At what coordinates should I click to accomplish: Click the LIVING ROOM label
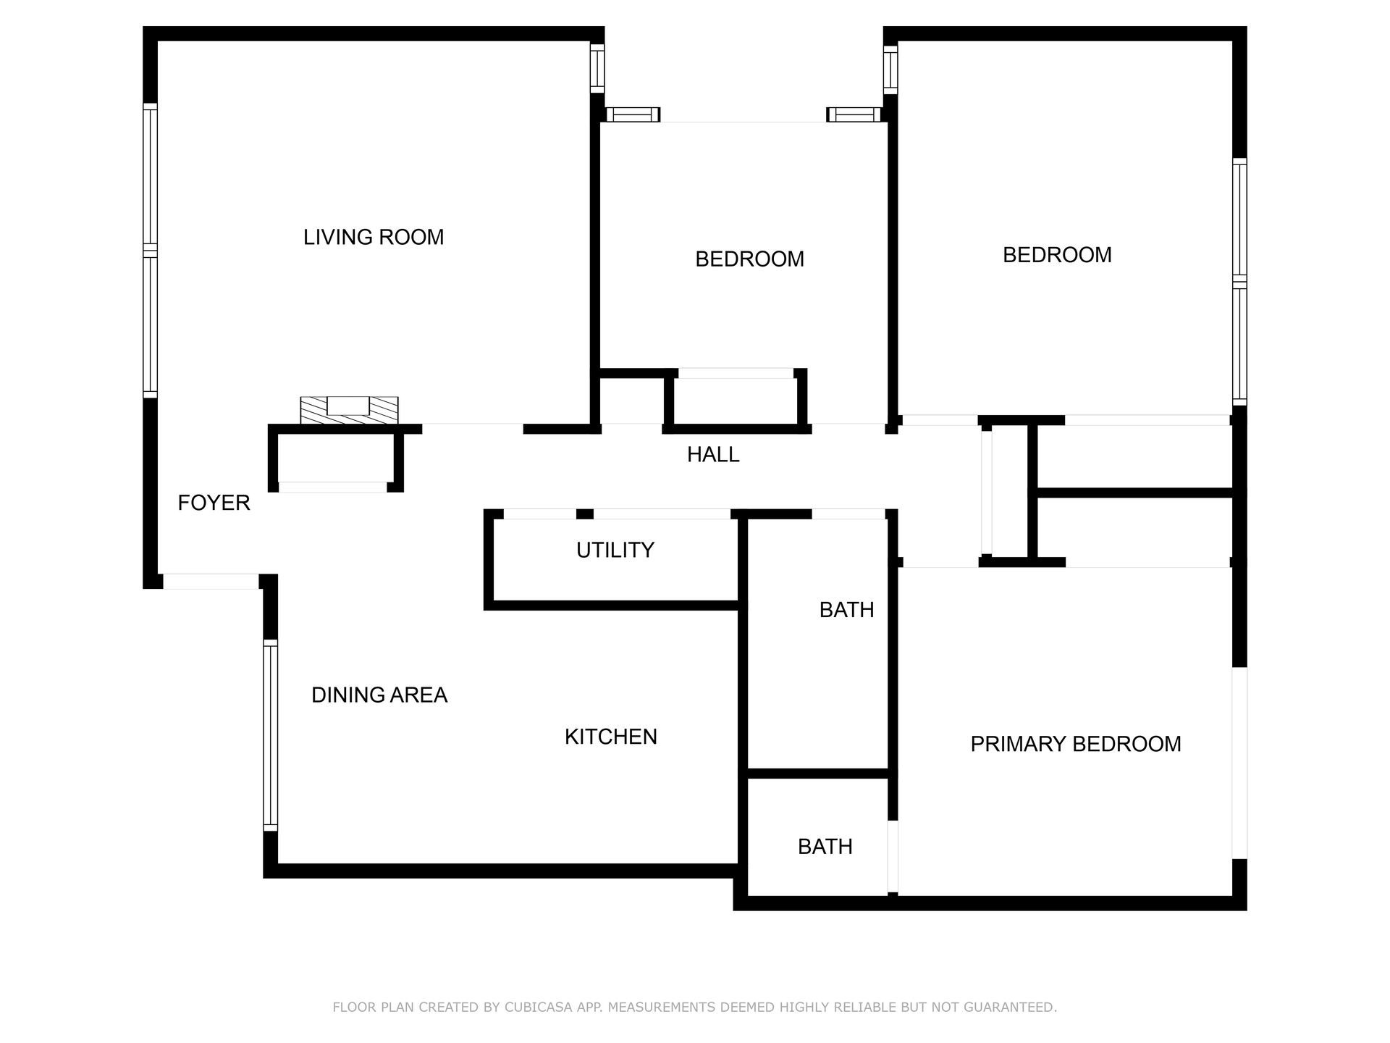click(x=374, y=237)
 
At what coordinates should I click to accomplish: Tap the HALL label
click(x=713, y=455)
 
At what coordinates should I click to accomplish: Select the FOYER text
click(x=214, y=503)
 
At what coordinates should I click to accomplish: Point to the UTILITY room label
click(x=615, y=550)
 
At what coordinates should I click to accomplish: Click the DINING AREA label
click(x=379, y=695)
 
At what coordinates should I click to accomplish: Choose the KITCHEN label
click(x=611, y=737)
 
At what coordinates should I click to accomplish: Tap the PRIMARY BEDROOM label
click(x=1076, y=744)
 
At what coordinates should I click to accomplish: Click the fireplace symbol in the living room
click(x=349, y=410)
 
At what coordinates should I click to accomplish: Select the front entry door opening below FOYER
click(x=211, y=581)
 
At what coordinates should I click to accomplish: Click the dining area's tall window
click(x=270, y=735)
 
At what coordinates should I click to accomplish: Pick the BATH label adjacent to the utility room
click(x=846, y=610)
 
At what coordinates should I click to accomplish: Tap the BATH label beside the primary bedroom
click(x=825, y=847)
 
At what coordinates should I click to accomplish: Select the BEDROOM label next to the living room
click(x=749, y=259)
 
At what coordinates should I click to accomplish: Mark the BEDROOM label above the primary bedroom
click(x=1057, y=255)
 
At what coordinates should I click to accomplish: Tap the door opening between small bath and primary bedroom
click(x=893, y=857)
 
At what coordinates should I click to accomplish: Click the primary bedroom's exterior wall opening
click(x=1239, y=763)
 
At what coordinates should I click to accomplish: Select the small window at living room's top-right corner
click(x=597, y=69)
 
